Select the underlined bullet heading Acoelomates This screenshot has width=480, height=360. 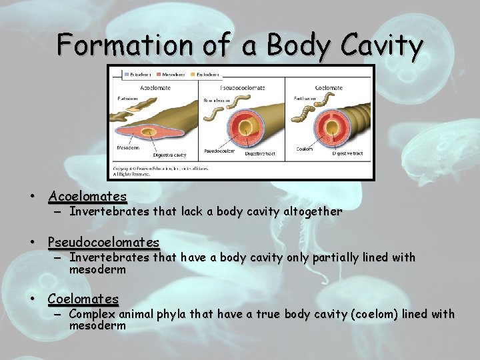(x=87, y=197)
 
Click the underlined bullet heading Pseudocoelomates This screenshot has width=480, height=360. (x=103, y=242)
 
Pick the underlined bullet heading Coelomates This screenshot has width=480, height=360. (x=83, y=299)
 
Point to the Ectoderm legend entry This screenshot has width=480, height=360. (x=138, y=75)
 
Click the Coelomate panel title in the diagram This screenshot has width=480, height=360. (x=328, y=88)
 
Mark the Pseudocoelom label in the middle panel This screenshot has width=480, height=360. (x=218, y=151)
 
